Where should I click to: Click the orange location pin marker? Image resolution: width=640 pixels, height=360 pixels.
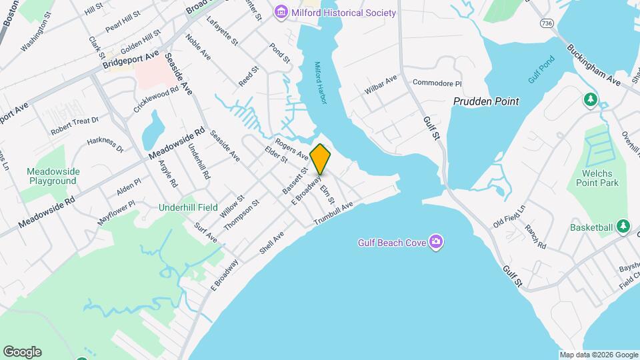(x=321, y=159)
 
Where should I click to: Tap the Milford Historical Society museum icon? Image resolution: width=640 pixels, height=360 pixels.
(x=281, y=13)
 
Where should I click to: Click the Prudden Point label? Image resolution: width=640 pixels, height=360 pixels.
(x=486, y=101)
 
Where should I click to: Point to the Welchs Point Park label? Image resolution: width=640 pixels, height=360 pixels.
(x=595, y=178)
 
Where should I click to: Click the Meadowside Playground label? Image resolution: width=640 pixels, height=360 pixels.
(x=53, y=176)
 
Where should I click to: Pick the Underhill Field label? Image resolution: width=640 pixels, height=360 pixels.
(x=188, y=207)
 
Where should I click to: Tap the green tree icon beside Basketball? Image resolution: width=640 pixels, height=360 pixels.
(x=623, y=227)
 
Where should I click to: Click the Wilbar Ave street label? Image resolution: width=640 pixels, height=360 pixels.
(x=381, y=87)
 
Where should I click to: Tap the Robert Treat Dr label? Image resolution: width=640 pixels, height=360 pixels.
(x=75, y=125)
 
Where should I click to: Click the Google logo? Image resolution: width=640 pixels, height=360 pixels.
(x=22, y=352)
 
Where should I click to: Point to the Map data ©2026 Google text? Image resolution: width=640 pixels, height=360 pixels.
(x=598, y=355)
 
